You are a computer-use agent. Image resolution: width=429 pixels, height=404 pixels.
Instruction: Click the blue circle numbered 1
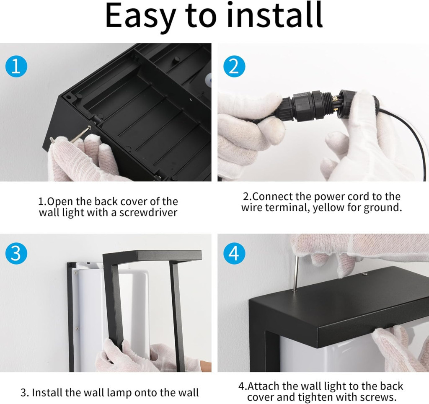[x=16, y=67]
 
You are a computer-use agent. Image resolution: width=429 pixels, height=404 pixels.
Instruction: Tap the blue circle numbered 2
[x=235, y=67]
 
